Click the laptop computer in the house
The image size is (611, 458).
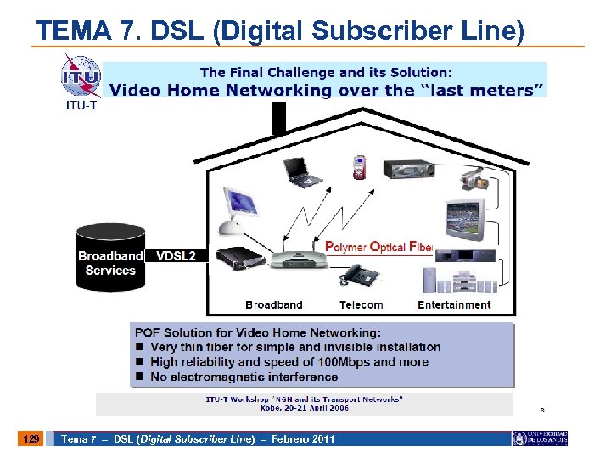point(303,172)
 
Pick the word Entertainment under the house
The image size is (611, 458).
point(454,304)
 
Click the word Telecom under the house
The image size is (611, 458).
point(361,304)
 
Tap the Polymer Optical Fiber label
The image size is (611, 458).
point(379,247)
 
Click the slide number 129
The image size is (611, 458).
point(31,438)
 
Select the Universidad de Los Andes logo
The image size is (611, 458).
point(540,438)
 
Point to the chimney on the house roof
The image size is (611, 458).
point(278,119)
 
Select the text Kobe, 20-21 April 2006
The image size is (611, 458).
point(304,407)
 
